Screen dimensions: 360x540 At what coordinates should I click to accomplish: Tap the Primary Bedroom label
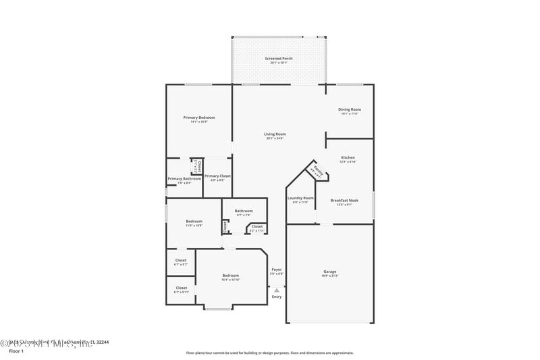click(199, 118)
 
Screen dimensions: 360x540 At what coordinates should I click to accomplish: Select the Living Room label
click(275, 134)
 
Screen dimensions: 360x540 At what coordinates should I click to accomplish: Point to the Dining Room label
click(350, 109)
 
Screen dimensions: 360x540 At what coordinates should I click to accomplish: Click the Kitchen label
click(348, 158)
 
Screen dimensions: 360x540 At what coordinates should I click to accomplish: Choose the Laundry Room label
click(300, 198)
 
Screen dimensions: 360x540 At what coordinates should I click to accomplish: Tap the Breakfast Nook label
click(344, 201)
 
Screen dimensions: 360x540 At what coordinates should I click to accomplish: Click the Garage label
click(330, 272)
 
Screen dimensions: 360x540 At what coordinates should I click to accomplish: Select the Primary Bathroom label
click(184, 179)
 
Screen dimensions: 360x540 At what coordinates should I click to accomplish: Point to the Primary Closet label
click(217, 176)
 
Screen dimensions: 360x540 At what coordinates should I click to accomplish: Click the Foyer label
click(277, 269)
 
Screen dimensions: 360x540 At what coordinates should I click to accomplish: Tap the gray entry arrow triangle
click(277, 290)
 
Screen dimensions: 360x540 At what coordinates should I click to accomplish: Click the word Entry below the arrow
click(277, 297)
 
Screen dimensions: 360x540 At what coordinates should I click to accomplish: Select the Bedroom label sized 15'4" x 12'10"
click(231, 276)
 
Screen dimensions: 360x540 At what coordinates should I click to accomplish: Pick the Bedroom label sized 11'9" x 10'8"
click(194, 222)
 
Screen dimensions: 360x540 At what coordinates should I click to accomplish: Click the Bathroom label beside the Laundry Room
click(244, 211)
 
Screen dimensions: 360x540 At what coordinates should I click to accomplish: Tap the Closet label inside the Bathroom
click(257, 226)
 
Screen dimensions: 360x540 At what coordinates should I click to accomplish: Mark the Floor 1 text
click(16, 351)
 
